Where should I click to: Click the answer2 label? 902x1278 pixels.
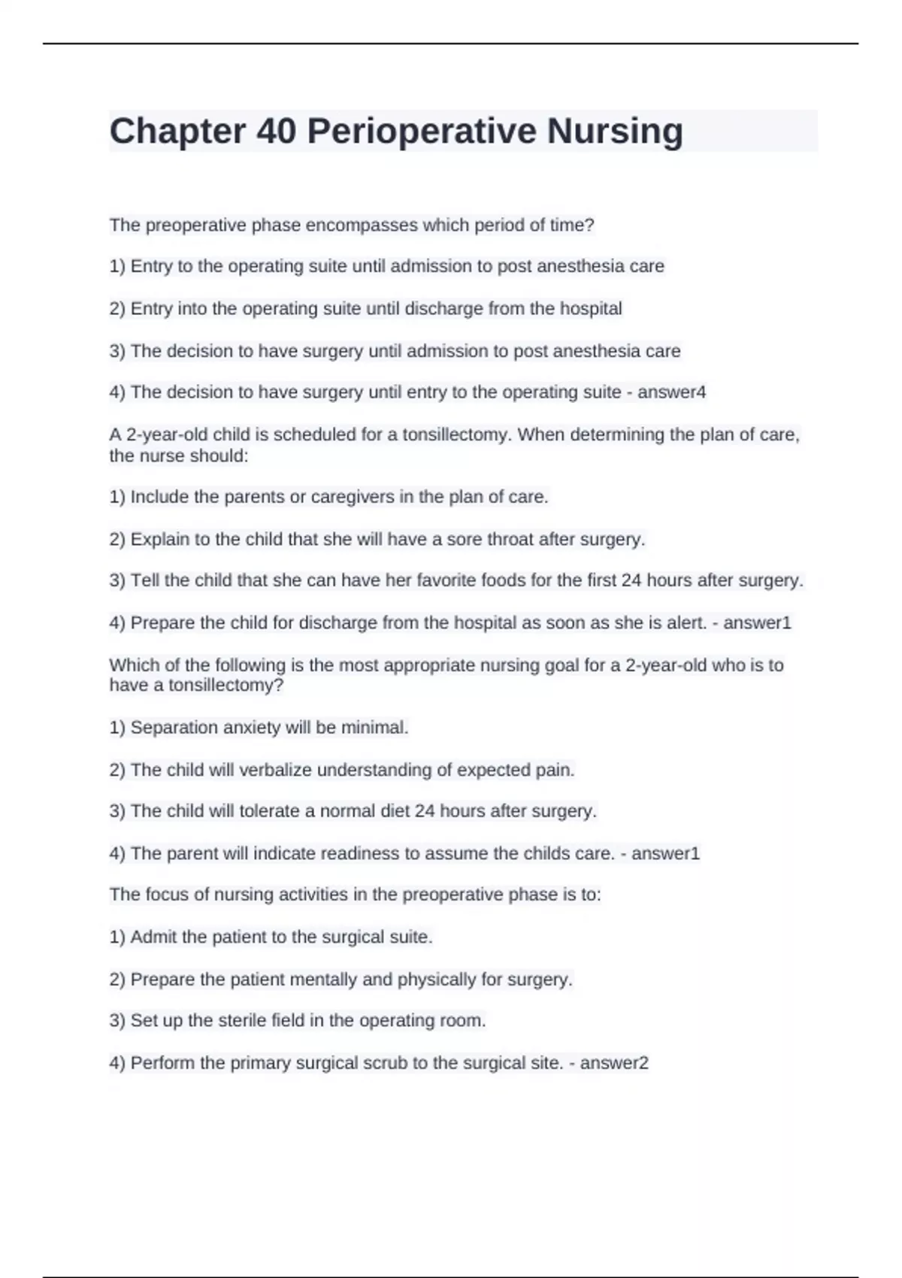click(x=614, y=1062)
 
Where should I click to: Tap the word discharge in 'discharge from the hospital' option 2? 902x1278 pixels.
click(x=443, y=308)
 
